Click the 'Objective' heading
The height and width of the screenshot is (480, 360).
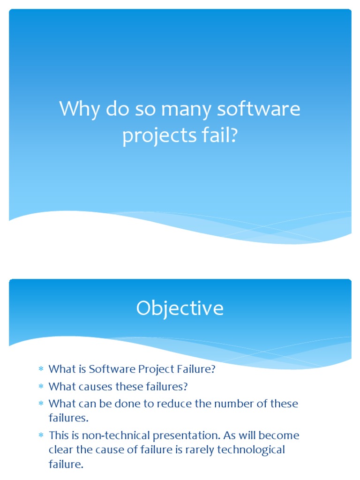pyautogui.click(x=180, y=308)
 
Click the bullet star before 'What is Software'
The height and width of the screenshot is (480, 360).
pyautogui.click(x=41, y=370)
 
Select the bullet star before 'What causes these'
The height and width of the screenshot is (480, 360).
pyautogui.click(x=41, y=387)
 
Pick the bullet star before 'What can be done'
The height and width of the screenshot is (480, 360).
pyautogui.click(x=41, y=404)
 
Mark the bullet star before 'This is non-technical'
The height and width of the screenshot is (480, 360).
pyautogui.click(x=41, y=436)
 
